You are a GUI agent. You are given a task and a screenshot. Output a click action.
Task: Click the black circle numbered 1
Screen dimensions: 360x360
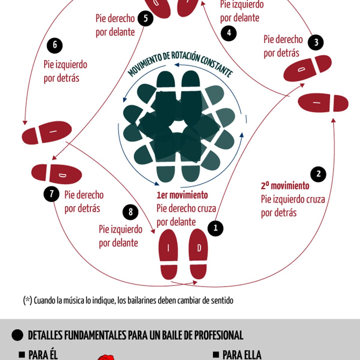(x=215, y=228)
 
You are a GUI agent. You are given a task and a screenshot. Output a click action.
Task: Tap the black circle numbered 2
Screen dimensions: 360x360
(x=318, y=174)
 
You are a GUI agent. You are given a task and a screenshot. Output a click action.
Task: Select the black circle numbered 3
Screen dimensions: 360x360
(x=316, y=42)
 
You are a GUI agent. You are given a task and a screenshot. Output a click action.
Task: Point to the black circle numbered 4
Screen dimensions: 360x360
(x=229, y=33)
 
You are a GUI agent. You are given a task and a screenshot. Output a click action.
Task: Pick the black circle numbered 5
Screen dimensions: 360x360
(x=145, y=18)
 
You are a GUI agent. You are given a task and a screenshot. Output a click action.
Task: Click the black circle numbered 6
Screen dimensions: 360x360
(x=55, y=45)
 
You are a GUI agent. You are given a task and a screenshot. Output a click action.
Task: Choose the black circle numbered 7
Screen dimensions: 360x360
(x=52, y=194)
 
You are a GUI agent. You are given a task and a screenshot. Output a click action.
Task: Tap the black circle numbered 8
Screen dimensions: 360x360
(x=130, y=212)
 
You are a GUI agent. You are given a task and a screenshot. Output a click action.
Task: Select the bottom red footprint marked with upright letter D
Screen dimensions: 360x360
(x=198, y=254)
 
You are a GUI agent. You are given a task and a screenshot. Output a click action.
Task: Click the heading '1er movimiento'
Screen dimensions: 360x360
(x=182, y=195)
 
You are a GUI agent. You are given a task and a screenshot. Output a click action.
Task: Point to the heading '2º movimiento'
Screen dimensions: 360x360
(x=285, y=186)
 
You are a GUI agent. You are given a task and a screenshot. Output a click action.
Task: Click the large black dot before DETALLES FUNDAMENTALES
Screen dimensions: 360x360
(x=17, y=335)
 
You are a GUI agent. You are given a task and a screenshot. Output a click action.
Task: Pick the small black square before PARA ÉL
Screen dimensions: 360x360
(x=22, y=354)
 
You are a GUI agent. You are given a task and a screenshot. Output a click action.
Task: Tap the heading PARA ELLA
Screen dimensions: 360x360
(x=242, y=355)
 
